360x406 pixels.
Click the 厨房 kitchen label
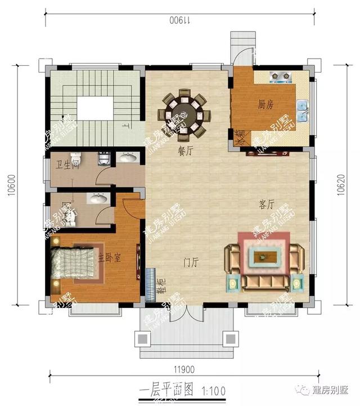(x=265, y=105)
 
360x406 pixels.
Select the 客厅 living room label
(x=267, y=204)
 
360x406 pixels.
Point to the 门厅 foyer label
(x=191, y=261)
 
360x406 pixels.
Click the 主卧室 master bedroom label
(x=110, y=258)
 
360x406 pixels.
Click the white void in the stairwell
(x=93, y=108)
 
